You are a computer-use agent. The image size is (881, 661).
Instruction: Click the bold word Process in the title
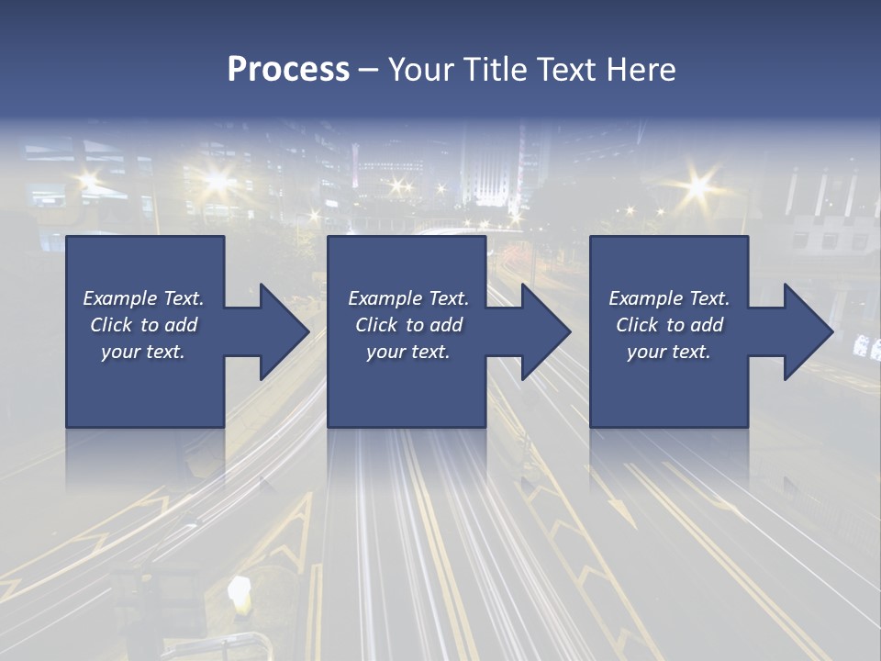point(288,70)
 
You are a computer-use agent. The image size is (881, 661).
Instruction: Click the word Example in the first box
point(120,298)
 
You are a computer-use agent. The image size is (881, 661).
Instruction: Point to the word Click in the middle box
point(377,325)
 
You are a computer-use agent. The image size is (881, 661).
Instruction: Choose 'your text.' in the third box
point(668,352)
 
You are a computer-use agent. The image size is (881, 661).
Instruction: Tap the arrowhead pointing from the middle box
point(544,331)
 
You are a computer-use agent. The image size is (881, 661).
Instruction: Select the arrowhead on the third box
point(807,331)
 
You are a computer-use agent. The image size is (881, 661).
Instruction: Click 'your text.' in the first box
point(143,352)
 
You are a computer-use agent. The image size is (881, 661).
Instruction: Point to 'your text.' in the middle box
point(407,352)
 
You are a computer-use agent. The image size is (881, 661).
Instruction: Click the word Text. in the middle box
point(447,298)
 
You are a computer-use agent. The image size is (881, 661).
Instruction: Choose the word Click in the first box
point(112,325)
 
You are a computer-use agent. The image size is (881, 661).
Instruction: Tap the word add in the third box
point(707,325)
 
